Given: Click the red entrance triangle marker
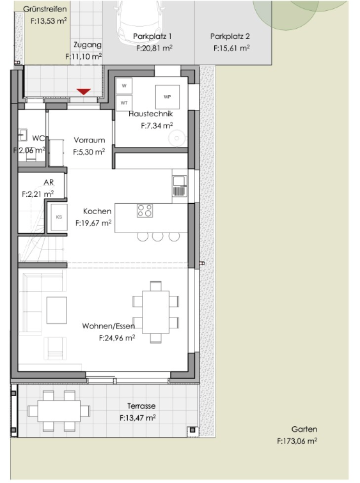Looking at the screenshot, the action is pyautogui.click(x=84, y=91).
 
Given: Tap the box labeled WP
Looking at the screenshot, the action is pyautogui.click(x=168, y=96).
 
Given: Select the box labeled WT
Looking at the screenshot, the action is pyautogui.click(x=124, y=103).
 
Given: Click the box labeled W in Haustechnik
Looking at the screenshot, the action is pyautogui.click(x=124, y=86).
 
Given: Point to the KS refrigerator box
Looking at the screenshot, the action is pyautogui.click(x=59, y=217).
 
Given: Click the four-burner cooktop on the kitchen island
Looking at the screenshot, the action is pyautogui.click(x=145, y=211).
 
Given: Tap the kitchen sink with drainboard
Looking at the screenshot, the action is pyautogui.click(x=180, y=186).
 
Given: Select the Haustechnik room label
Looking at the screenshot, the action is pyautogui.click(x=151, y=114).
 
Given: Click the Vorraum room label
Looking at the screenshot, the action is pyautogui.click(x=90, y=140).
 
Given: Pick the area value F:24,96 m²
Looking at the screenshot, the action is pyautogui.click(x=117, y=338).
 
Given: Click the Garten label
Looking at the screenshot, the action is pyautogui.click(x=304, y=429).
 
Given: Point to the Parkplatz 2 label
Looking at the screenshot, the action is pyautogui.click(x=230, y=36).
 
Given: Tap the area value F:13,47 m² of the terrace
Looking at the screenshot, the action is pyautogui.click(x=137, y=418).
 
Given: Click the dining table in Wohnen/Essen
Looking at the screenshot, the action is pyautogui.click(x=155, y=312).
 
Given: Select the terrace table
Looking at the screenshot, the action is pyautogui.click(x=59, y=411).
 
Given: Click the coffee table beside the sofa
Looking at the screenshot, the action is pyautogui.click(x=57, y=310).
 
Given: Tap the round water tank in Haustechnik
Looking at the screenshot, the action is pyautogui.click(x=177, y=138).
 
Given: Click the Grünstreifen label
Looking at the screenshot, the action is pyautogui.click(x=45, y=9).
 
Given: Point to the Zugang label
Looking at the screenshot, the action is pyautogui.click(x=88, y=45).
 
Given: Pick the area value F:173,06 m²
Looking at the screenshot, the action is pyautogui.click(x=297, y=441).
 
